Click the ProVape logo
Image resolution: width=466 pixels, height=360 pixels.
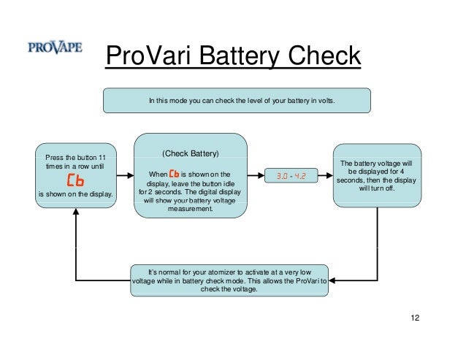click(x=55, y=49)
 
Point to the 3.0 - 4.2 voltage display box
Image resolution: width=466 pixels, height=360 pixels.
click(x=291, y=176)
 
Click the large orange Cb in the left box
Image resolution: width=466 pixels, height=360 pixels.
click(x=75, y=180)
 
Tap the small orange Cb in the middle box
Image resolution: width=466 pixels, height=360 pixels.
click(x=174, y=174)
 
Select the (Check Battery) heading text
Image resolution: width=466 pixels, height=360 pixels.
click(x=190, y=154)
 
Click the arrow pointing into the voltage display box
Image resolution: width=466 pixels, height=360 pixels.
click(x=256, y=176)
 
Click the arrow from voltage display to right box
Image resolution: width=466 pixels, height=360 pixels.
click(x=326, y=176)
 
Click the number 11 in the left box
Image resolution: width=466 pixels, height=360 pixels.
click(x=102, y=157)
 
